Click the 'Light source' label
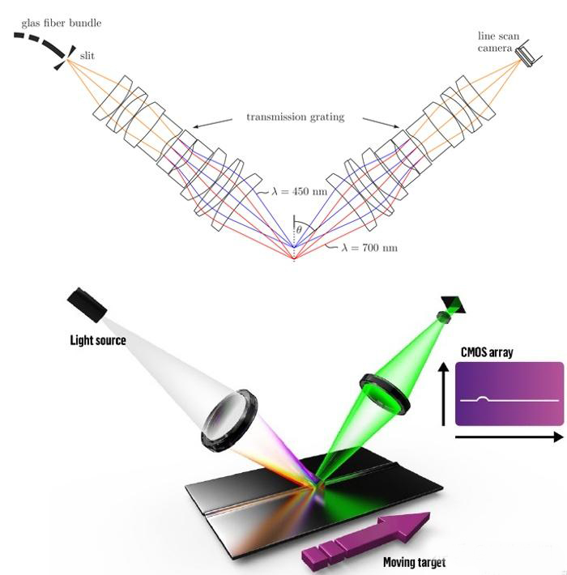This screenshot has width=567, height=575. [97, 340]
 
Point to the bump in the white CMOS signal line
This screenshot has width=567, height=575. [483, 398]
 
